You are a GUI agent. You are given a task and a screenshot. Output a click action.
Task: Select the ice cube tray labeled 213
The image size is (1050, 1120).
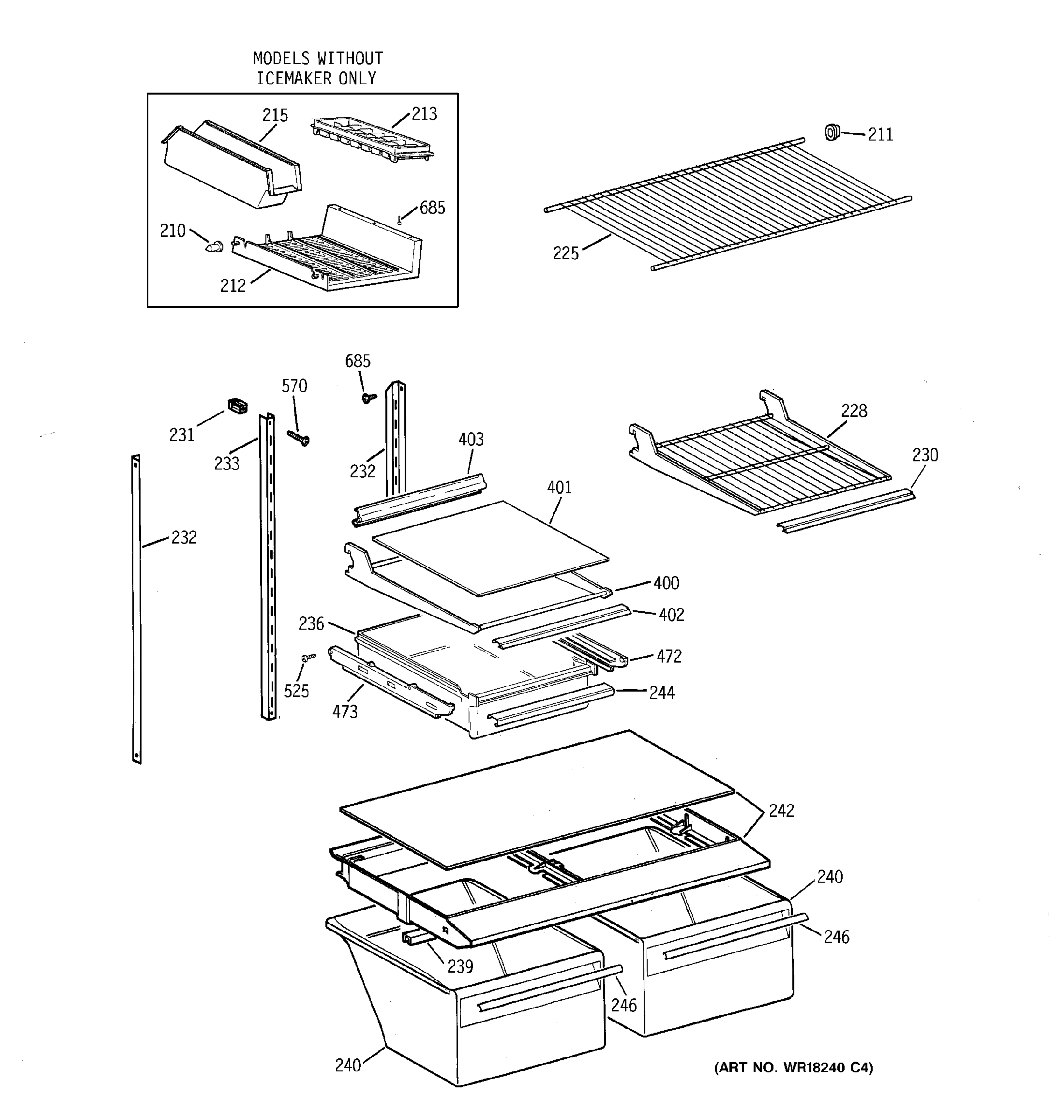tap(372, 139)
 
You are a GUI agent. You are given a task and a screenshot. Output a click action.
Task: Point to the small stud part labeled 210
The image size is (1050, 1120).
tap(214, 247)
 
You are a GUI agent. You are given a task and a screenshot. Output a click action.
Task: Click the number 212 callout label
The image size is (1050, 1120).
tap(233, 286)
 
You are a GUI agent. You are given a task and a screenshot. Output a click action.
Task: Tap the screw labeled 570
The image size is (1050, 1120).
tap(299, 438)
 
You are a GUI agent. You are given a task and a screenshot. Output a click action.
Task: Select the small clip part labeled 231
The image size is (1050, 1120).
tap(237, 406)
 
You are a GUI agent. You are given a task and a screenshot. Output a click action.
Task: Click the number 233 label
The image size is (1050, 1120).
tap(226, 464)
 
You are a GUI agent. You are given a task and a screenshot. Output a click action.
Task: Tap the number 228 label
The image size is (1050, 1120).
tap(854, 411)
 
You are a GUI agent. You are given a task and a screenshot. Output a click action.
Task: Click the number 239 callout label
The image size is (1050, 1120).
tap(460, 967)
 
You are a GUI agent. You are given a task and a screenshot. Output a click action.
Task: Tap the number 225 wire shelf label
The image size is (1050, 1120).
tap(566, 253)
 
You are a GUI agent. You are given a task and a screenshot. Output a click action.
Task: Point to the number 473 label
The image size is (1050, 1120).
tap(344, 712)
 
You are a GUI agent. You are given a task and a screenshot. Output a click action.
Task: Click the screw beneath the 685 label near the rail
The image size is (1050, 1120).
tap(369, 398)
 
